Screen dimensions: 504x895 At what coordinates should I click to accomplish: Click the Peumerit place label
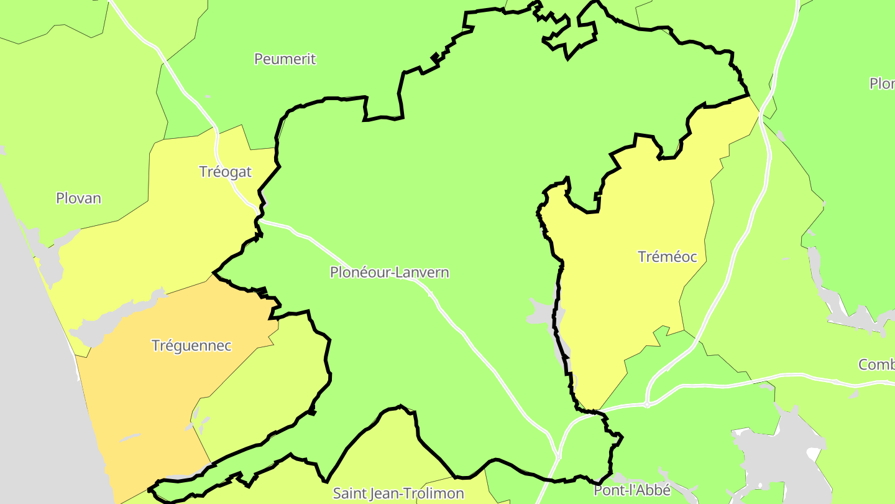tap(285, 59)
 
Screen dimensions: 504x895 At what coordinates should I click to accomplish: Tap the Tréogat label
tap(225, 172)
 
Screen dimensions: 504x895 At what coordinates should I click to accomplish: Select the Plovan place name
tap(78, 198)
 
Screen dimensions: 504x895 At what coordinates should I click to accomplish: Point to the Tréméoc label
tap(668, 256)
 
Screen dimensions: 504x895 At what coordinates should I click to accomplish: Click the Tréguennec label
tap(191, 345)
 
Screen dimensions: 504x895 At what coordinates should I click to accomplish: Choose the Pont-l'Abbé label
tap(632, 490)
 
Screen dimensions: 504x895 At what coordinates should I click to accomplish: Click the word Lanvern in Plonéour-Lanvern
tap(420, 273)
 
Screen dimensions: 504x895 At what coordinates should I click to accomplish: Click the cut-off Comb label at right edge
tap(876, 365)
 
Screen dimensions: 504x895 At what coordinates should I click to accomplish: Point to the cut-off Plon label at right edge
tap(882, 83)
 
